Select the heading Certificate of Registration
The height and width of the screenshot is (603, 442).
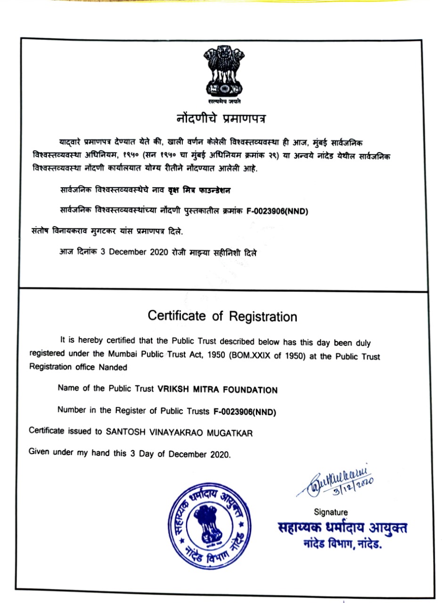pyautogui.click(x=222, y=316)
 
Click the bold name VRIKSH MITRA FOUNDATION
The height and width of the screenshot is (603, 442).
pyautogui.click(x=217, y=390)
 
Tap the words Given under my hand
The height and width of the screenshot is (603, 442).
pyautogui.click(x=71, y=453)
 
